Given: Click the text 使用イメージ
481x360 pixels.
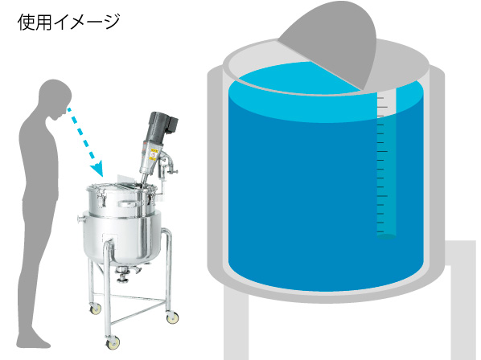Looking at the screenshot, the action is point(68,22).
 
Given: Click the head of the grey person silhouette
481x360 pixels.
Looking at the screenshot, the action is point(55,97).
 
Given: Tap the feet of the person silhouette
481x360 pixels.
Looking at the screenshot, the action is point(33,341).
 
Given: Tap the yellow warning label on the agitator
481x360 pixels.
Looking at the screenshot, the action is point(153,154).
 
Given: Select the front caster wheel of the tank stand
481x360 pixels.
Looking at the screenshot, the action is point(113,343).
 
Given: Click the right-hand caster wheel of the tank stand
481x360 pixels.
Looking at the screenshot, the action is point(172,317).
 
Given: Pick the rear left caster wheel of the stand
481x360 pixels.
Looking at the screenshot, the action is point(96,309).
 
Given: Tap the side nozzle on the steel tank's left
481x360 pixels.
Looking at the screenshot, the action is point(80,219).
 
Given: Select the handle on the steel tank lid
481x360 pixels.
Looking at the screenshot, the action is point(128,204).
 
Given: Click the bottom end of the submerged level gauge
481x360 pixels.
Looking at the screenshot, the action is point(386,237).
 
